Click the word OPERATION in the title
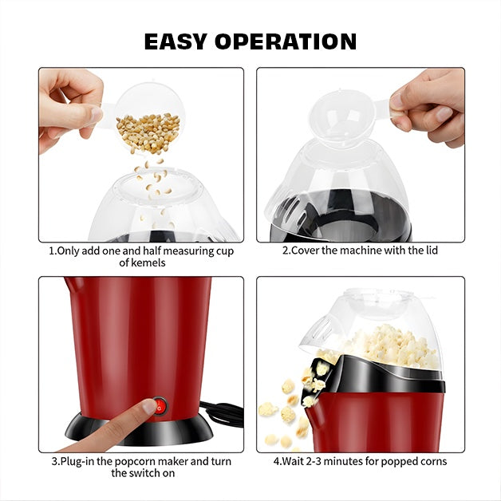tap(286, 41)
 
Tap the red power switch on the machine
tap(160, 405)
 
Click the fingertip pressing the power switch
tap(149, 407)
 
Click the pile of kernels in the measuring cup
tap(148, 132)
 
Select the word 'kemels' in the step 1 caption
tap(143, 262)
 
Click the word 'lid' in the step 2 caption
tap(430, 250)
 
